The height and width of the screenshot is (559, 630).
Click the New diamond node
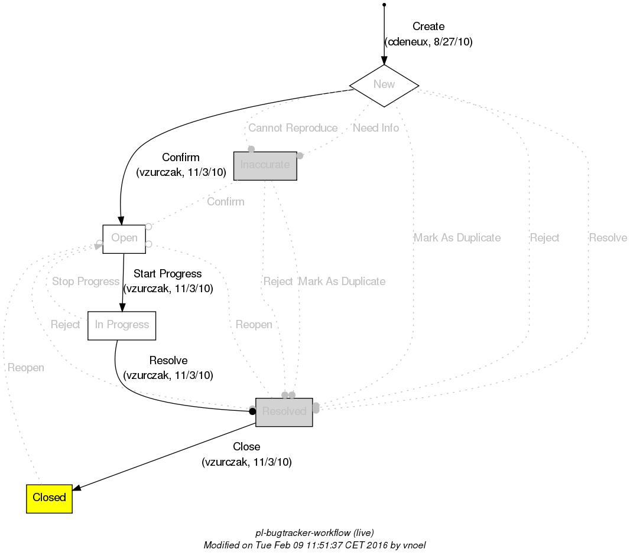[x=384, y=84]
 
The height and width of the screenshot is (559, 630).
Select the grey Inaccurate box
[x=265, y=165]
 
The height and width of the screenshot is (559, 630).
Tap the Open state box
[x=124, y=238]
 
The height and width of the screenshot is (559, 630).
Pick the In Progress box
[x=122, y=325]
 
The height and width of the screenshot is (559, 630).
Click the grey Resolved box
[x=284, y=411]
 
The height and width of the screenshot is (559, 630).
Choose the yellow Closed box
[x=49, y=498]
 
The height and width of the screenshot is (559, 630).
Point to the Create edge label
[x=428, y=27]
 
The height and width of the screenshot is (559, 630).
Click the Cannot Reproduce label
[x=293, y=128]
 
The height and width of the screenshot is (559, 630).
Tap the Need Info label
[x=376, y=128]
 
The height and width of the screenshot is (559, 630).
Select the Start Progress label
[x=167, y=274]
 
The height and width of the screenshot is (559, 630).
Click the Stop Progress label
[x=86, y=282]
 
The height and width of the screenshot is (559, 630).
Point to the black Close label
[x=246, y=447]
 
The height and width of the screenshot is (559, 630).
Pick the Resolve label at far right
[x=608, y=238]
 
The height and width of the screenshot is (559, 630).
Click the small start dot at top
[x=384, y=5]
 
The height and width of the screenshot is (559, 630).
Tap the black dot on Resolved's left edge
[x=252, y=411]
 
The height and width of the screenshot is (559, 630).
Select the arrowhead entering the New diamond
[x=384, y=60]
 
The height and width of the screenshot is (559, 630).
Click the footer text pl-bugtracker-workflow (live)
[x=314, y=532]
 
